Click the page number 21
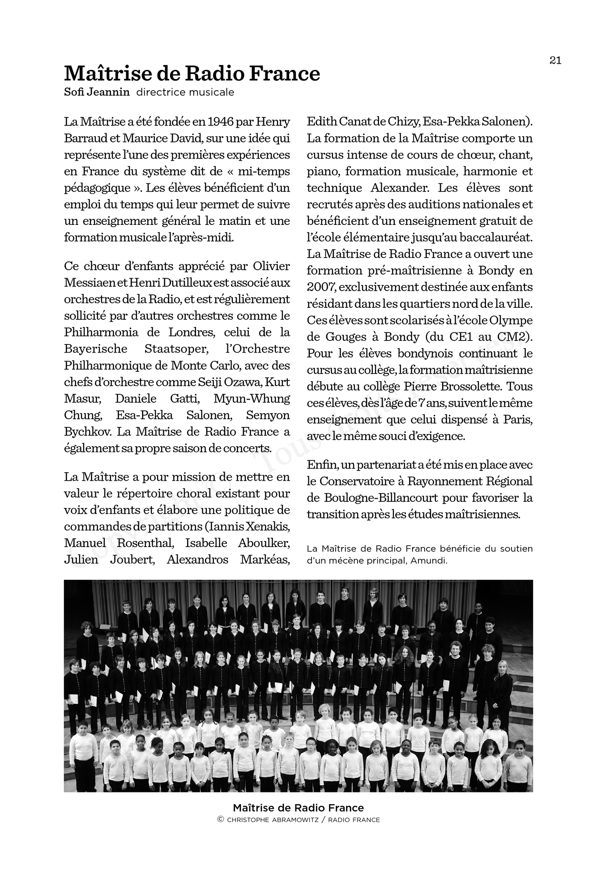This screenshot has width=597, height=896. coord(555,60)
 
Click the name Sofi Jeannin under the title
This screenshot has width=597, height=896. coord(97,92)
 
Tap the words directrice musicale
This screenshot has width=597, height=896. coord(185,92)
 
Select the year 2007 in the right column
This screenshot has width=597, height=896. coord(320,287)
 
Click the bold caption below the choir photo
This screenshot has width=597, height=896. coord(298,808)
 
